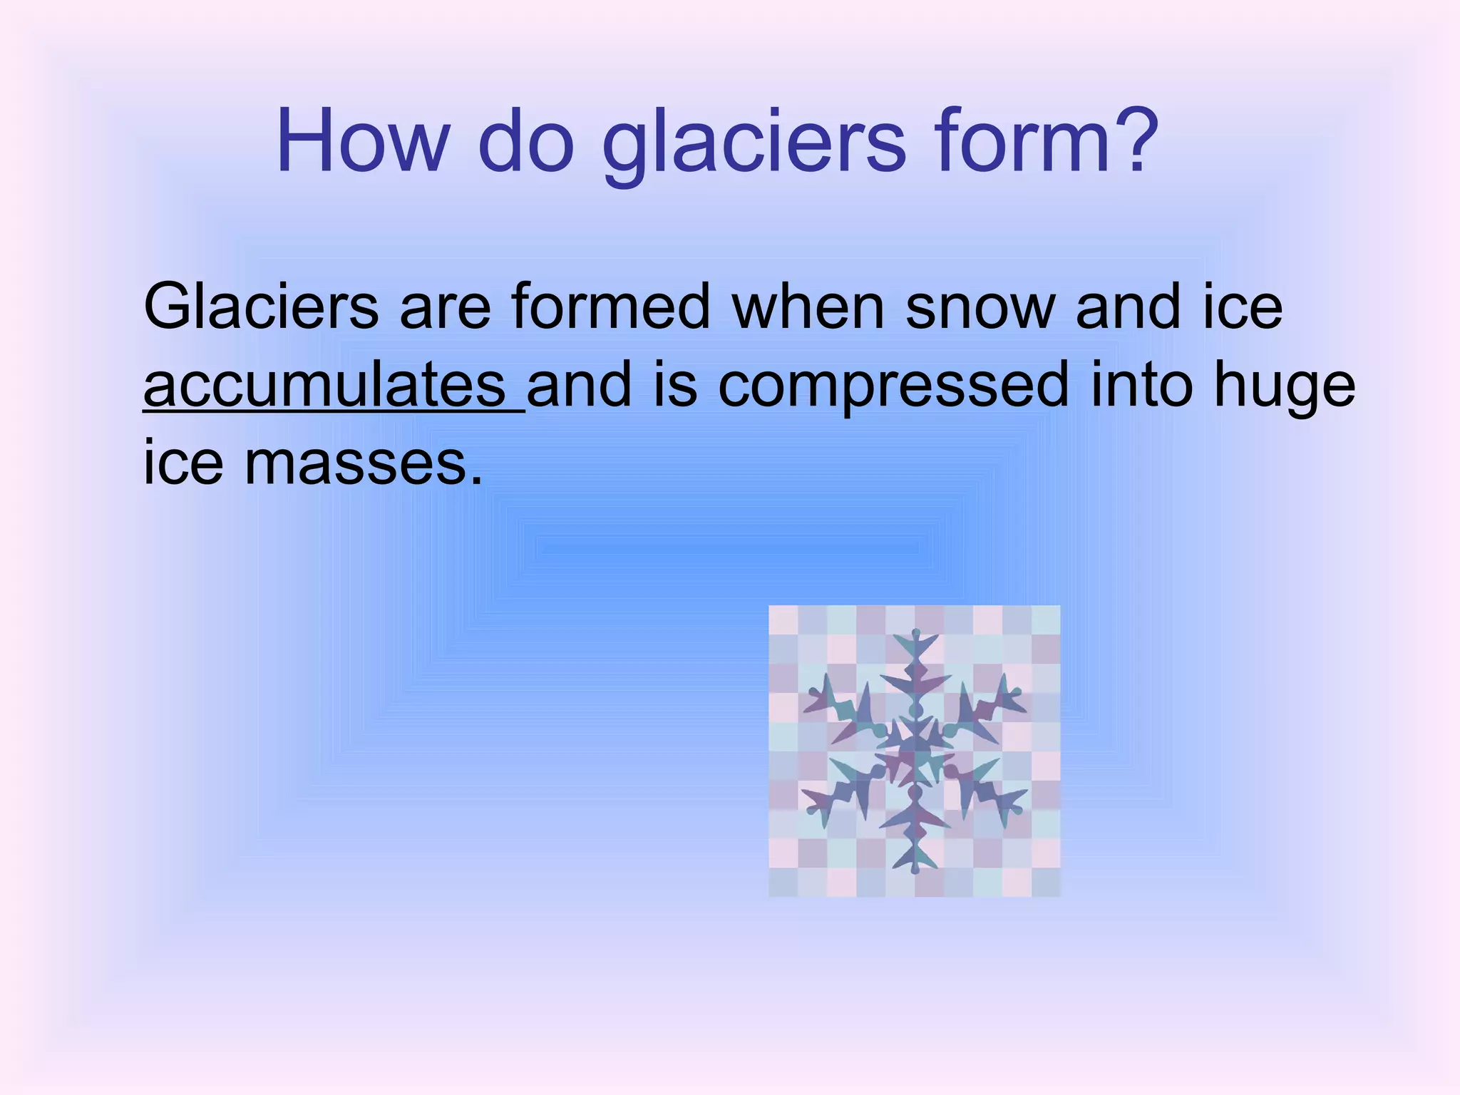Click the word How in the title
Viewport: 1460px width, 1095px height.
[x=360, y=140]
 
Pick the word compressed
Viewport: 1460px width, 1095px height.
[x=893, y=386]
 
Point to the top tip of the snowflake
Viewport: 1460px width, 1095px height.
[x=915, y=632]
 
